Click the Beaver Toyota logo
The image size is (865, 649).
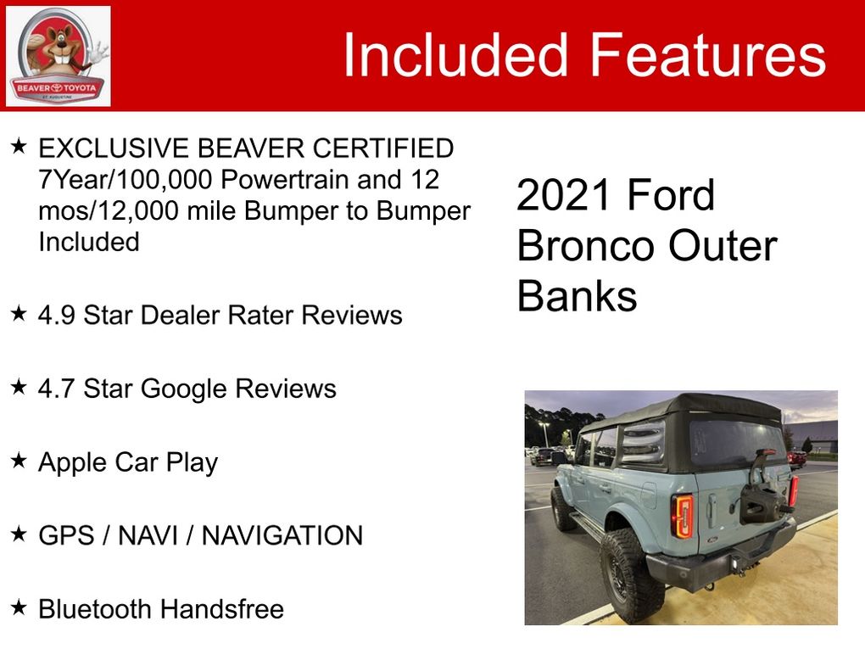point(58,56)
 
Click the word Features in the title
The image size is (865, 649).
point(708,54)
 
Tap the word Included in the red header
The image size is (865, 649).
point(455,54)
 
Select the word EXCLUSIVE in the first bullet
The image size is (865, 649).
point(113,148)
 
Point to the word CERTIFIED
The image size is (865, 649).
point(382,148)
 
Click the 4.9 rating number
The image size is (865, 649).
point(56,315)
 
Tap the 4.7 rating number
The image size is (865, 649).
point(56,389)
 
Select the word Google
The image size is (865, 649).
point(184,389)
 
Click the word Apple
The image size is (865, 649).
point(73,463)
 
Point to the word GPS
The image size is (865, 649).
point(66,536)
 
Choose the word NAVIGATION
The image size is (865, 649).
point(282,536)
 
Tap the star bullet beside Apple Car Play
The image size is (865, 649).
point(19,461)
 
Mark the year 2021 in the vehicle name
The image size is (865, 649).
point(563,195)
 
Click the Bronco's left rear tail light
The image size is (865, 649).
point(683,517)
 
